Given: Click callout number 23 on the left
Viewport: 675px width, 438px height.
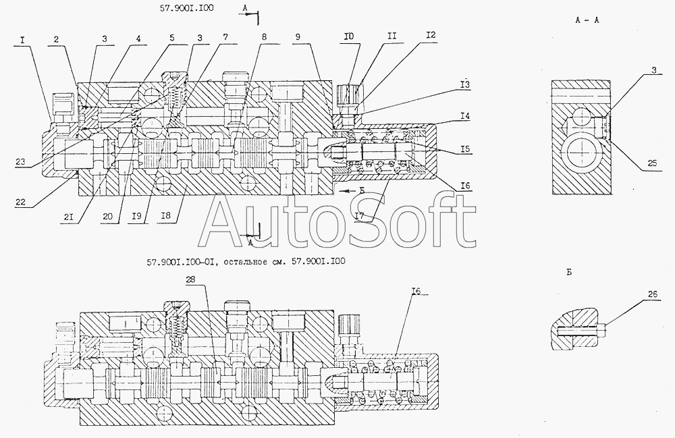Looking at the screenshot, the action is click(20, 162).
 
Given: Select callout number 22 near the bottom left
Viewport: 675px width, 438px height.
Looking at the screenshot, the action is click(20, 202).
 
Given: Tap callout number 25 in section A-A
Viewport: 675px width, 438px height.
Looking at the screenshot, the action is click(653, 163).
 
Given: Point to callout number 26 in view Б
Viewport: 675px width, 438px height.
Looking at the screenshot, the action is click(653, 294).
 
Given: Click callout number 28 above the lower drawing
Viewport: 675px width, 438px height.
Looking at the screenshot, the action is click(191, 279).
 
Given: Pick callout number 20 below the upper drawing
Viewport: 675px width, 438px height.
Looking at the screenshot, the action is click(107, 217).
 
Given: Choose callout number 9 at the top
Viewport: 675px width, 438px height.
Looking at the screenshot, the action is click(298, 37).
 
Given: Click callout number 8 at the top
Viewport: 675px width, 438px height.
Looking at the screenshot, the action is click(264, 37).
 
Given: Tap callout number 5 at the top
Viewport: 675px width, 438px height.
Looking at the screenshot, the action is click(172, 38).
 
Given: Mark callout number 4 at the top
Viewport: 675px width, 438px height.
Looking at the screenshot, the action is click(138, 38).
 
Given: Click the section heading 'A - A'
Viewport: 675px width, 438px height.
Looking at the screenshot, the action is click(587, 20).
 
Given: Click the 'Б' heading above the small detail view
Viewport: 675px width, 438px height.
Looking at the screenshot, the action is click(569, 273).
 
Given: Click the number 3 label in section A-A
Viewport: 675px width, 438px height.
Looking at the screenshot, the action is click(654, 70).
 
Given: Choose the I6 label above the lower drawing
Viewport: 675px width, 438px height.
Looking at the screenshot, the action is click(415, 292).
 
